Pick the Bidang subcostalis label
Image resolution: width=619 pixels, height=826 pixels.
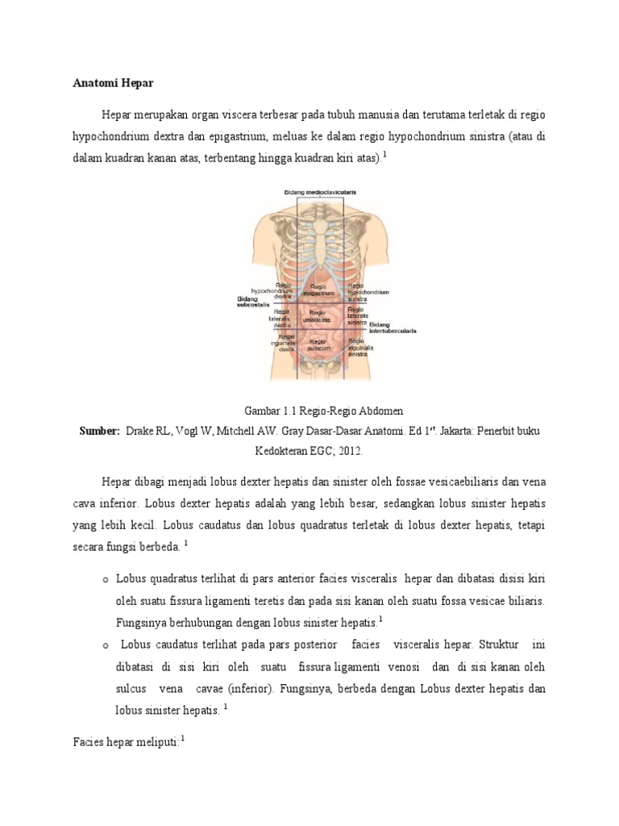tap(253, 302)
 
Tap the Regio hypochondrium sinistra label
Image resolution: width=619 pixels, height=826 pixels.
tap(368, 291)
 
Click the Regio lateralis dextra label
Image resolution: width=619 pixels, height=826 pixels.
tap(281, 317)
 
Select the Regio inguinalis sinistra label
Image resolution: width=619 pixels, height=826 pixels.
tap(359, 347)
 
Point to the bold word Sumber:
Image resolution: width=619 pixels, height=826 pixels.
tap(99, 431)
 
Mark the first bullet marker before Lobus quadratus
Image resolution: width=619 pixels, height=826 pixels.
tap(106, 580)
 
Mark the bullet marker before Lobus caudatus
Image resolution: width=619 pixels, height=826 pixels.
tap(106, 645)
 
